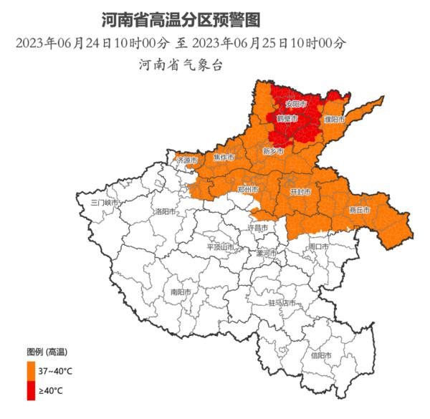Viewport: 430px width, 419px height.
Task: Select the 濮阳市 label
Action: coord(334,118)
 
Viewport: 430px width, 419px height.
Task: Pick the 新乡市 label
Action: coord(273,152)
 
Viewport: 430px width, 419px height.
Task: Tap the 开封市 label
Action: coord(300,193)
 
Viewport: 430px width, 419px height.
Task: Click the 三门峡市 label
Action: coord(103,203)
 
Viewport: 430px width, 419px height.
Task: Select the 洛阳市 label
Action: coord(165,212)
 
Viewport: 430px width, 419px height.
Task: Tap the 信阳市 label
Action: coord(320,355)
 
